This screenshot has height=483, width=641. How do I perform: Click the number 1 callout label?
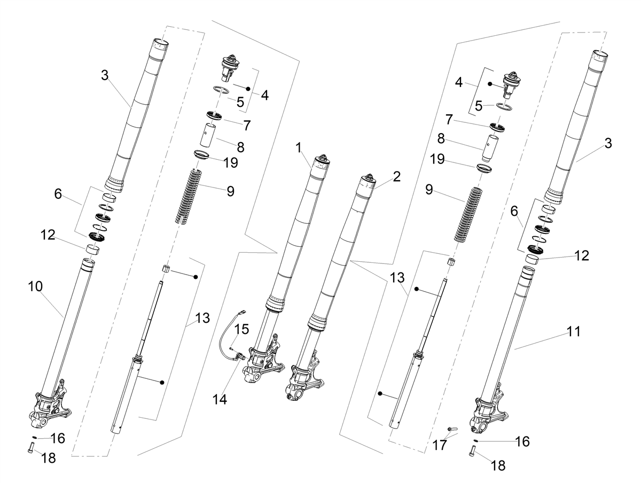tap(298, 148)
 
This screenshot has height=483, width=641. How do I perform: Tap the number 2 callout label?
tap(396, 177)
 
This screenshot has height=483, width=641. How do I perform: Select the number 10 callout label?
tap(35, 286)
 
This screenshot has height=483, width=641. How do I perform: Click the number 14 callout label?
tap(220, 400)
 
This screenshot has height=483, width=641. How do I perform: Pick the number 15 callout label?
tap(242, 329)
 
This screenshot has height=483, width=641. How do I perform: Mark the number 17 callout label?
tap(440, 445)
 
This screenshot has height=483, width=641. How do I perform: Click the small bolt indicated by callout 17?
tap(452, 429)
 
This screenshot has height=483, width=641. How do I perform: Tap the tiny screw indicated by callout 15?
tap(232, 348)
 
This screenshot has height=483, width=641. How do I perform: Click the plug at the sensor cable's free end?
tap(243, 313)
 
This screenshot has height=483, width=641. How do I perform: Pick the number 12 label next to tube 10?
tap(48, 235)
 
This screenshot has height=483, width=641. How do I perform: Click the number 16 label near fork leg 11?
tap(522, 441)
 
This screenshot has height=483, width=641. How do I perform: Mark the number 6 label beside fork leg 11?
tap(514, 211)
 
